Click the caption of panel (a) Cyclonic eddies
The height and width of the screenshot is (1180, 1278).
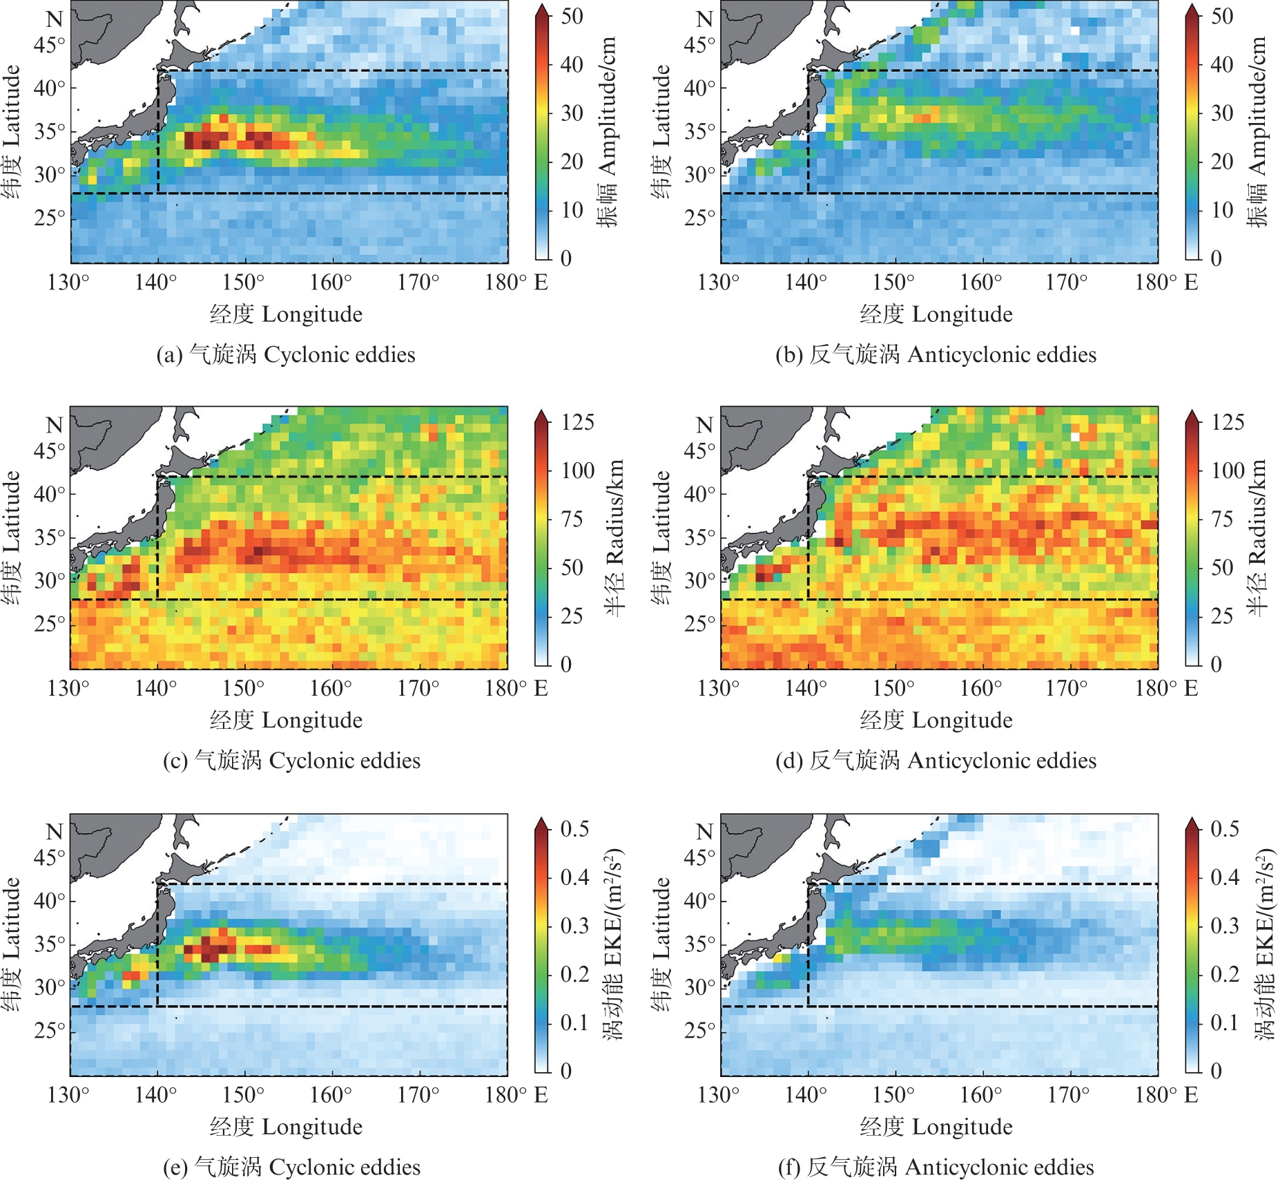pyautogui.click(x=286, y=354)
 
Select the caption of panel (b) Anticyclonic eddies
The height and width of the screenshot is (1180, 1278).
pyautogui.click(x=936, y=354)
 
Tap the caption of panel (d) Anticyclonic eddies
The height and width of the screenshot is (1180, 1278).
pyautogui.click(x=936, y=761)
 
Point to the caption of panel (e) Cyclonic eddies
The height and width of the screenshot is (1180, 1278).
pyautogui.click(x=291, y=1167)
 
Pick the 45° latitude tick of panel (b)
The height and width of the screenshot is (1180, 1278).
pyautogui.click(x=699, y=45)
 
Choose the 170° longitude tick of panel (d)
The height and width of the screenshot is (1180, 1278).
pyautogui.click(x=1067, y=689)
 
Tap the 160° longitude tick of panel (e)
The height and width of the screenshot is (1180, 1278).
pyautogui.click(x=331, y=1095)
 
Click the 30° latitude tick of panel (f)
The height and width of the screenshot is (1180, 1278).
pyautogui.click(x=699, y=987)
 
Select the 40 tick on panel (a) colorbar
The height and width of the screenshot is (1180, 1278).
pyautogui.click(x=572, y=65)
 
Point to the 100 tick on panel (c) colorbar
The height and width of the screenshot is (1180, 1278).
pyautogui.click(x=578, y=471)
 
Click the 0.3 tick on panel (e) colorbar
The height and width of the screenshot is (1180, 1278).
pyautogui.click(x=574, y=926)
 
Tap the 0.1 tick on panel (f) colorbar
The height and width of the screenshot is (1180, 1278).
pyautogui.click(x=1225, y=1022)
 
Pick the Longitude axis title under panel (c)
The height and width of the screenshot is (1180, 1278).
pyautogui.click(x=286, y=721)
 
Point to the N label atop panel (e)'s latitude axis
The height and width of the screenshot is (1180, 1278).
pyautogui.click(x=55, y=831)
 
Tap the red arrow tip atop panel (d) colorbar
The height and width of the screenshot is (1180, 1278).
pyautogui.click(x=1192, y=415)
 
